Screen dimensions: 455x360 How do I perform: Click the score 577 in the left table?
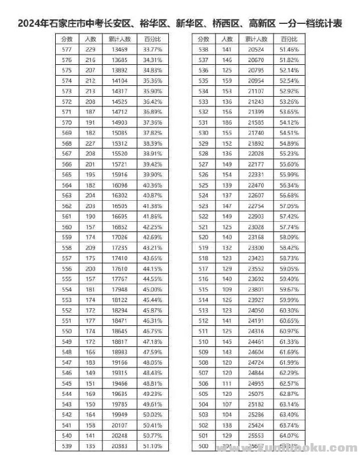(67, 49)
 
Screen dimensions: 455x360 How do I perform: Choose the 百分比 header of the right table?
(289, 39)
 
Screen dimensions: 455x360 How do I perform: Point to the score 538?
(203, 49)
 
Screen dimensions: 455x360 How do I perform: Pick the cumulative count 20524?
(256, 49)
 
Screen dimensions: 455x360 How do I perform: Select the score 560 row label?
(67, 226)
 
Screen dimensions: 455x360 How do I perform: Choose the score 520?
(203, 237)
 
